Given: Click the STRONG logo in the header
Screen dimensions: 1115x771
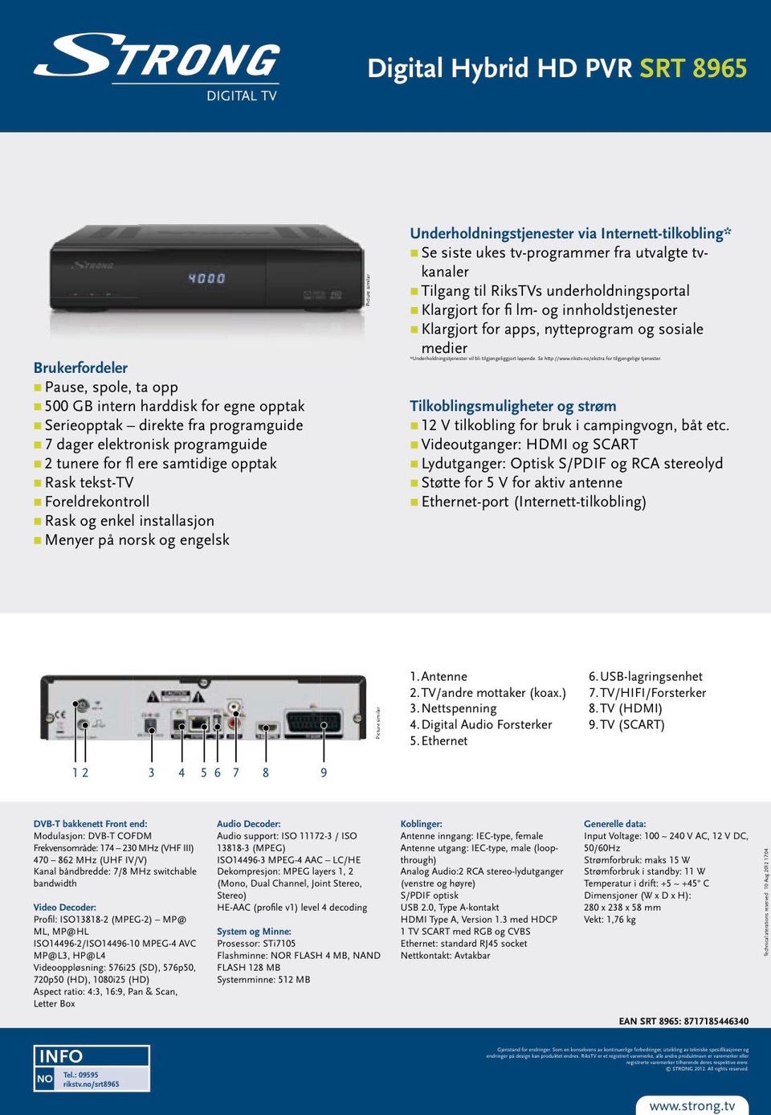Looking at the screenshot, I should (157, 59).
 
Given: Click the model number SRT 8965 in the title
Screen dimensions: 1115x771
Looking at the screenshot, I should (692, 68).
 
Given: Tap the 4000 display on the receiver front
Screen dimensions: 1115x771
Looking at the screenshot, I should (206, 278).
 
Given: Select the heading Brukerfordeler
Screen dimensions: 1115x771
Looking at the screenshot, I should (80, 367).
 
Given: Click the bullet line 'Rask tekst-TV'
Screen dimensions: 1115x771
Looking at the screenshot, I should (89, 482).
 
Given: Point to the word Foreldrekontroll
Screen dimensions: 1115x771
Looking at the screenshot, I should (97, 502).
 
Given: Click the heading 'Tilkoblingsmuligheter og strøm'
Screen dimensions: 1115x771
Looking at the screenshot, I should (513, 406).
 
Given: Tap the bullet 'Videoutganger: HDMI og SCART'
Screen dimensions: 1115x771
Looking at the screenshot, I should (529, 445).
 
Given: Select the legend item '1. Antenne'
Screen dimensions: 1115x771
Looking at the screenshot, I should (439, 677).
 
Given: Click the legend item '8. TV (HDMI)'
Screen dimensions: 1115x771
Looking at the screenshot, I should (625, 708).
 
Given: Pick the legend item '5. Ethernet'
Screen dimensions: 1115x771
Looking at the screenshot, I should (439, 740).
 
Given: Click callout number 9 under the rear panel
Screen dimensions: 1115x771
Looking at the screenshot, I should (324, 773).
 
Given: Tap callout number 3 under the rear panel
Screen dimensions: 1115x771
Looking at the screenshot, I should (151, 773).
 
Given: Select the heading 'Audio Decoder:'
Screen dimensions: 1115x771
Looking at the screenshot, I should (249, 824).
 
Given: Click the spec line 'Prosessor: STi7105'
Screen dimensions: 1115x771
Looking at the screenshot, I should (256, 944).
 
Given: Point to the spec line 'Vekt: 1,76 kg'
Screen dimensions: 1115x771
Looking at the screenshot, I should (610, 920).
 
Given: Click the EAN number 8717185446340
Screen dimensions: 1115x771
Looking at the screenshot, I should (716, 1021).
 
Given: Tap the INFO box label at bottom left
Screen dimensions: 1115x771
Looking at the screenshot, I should (61, 1056).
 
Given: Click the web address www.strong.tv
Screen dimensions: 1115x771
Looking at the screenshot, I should (691, 1105).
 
